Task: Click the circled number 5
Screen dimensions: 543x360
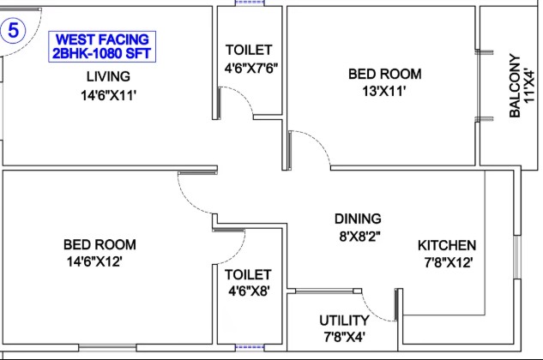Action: [13, 31]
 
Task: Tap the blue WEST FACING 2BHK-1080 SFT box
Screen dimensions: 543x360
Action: [102, 47]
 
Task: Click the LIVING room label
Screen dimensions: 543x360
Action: [108, 76]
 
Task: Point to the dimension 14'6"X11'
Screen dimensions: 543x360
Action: [108, 95]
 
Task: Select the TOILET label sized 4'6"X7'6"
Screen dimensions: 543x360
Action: [249, 50]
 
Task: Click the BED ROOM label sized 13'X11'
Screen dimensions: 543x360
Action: [385, 74]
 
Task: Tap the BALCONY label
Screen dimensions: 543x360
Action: [515, 87]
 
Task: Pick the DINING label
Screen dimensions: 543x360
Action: [358, 219]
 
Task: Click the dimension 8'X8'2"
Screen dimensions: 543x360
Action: [359, 237]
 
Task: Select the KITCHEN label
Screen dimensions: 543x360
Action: [447, 245]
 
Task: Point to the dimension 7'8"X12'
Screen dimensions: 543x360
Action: [449, 263]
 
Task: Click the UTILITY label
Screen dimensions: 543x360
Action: [344, 321]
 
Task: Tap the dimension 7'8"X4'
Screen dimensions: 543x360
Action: [344, 337]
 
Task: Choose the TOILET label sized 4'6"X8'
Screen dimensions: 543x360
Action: [248, 275]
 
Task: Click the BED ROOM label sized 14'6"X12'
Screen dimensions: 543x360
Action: [100, 245]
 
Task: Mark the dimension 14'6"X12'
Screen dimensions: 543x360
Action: [94, 261]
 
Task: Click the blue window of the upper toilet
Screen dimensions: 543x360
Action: [250, 3]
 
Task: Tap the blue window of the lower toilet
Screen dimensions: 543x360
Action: [250, 347]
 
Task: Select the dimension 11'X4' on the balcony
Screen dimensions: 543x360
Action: [529, 87]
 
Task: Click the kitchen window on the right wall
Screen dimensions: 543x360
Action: [517, 257]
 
